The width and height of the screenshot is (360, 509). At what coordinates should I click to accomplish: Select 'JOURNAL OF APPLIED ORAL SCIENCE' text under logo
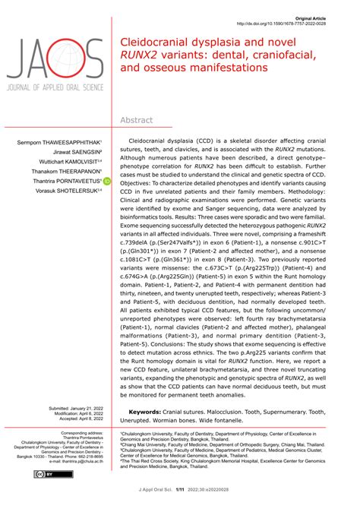(x=54, y=93)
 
